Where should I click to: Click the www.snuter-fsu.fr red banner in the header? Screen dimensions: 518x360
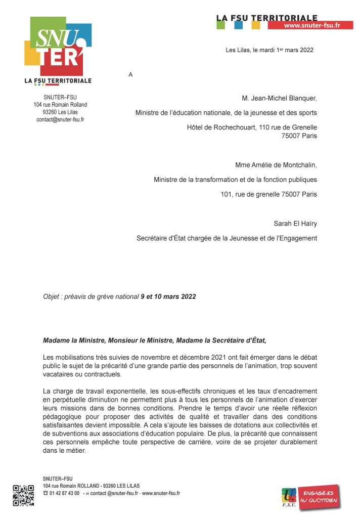click(x=311, y=25)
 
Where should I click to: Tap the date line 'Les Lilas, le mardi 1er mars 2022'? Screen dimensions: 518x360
click(x=269, y=50)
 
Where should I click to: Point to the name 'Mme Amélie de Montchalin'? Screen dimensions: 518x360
click(x=276, y=164)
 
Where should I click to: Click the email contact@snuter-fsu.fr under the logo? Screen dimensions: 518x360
click(x=60, y=120)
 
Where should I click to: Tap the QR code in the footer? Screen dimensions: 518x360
click(x=23, y=495)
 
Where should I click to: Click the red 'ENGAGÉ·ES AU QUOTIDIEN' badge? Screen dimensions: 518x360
click(x=318, y=497)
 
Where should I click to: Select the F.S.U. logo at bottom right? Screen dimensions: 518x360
click(x=289, y=496)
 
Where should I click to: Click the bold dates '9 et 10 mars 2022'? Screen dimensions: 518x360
click(x=168, y=296)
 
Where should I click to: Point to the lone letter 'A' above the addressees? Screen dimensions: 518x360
click(x=130, y=75)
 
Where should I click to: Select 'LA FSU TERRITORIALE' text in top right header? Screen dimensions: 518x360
click(x=267, y=18)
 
